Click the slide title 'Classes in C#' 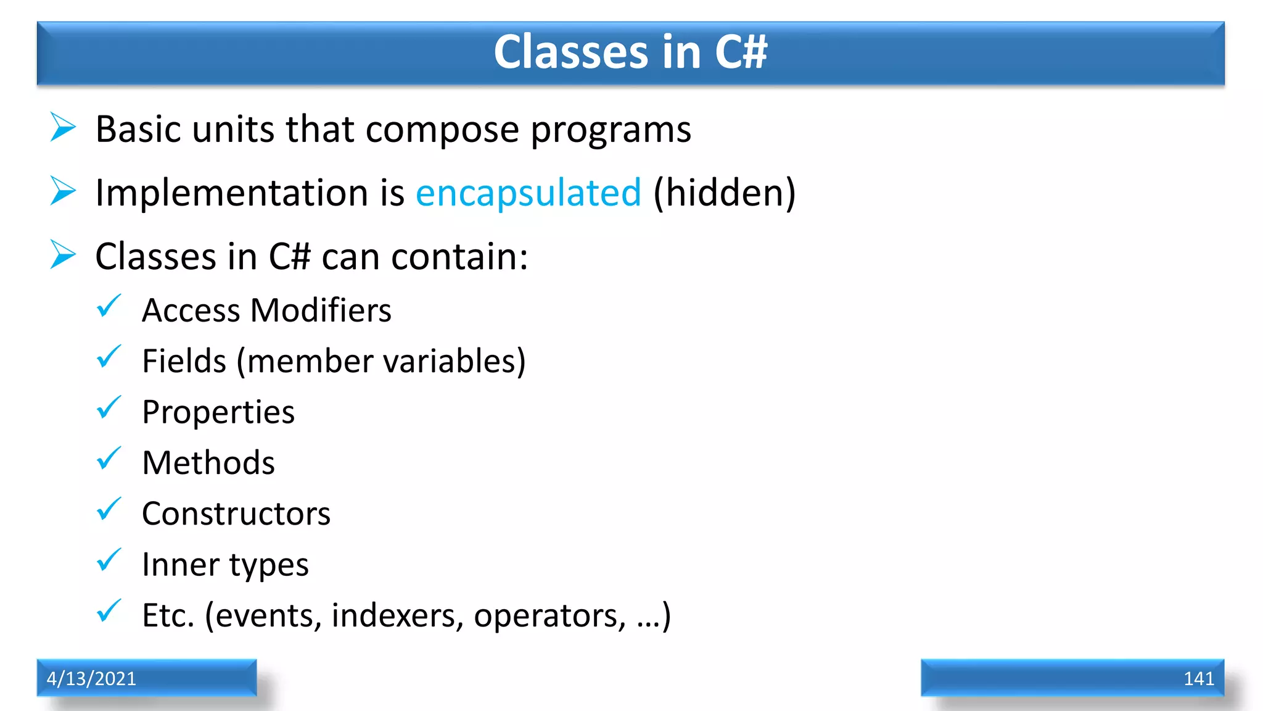coord(630,52)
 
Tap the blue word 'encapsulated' coord(529,193)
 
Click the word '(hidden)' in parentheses coord(725,193)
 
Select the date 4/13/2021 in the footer coord(91,678)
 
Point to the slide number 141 coord(1198,678)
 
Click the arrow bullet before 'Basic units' coord(63,127)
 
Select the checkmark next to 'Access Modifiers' coord(109,306)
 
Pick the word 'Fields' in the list coord(184,361)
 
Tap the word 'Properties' coord(218,413)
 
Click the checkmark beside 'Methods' coord(109,459)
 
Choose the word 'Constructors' coord(236,513)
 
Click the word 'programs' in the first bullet coord(611,131)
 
